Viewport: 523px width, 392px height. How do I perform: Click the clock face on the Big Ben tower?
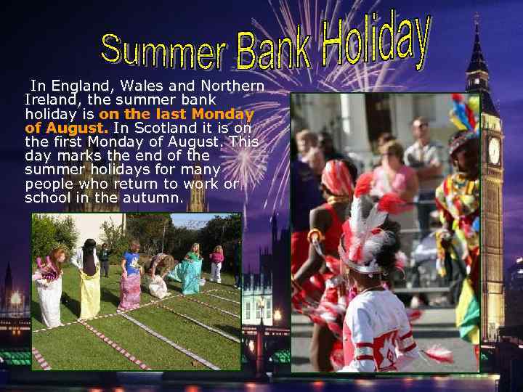point(494,150)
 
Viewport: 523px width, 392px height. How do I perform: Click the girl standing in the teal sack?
point(192,269)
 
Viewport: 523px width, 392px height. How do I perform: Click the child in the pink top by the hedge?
point(216,263)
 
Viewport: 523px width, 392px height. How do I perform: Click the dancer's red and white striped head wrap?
point(338,178)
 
